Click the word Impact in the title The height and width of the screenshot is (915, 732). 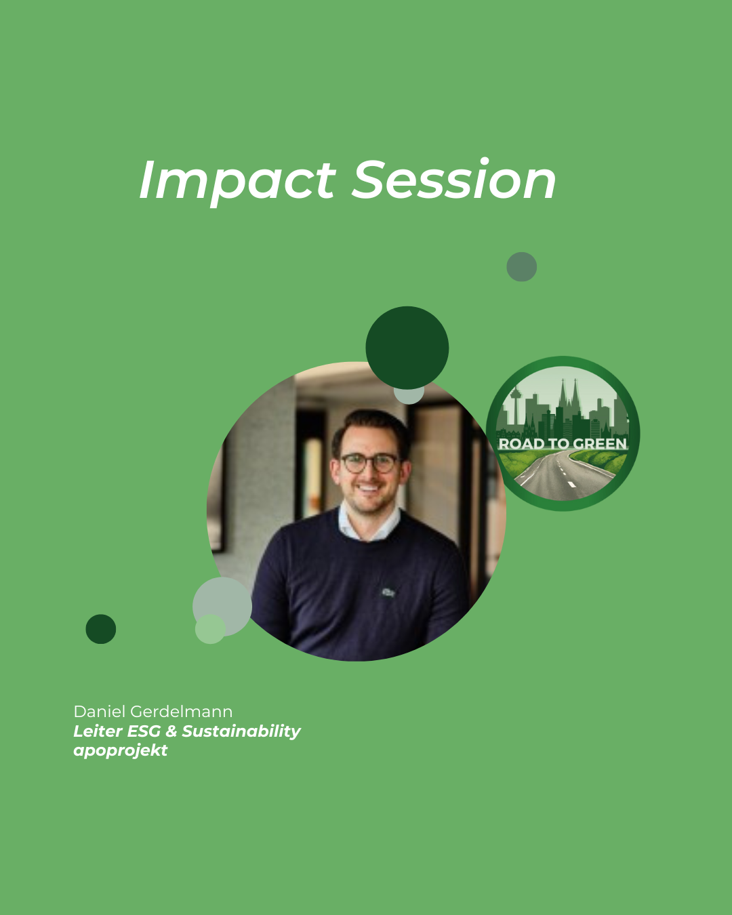coord(237,182)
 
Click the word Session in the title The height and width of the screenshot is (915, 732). coord(454,178)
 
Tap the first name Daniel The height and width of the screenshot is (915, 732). coord(100,712)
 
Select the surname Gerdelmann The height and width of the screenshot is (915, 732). coord(181,712)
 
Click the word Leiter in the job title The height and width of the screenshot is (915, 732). coord(98,731)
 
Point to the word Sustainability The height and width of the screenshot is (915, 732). coord(241,732)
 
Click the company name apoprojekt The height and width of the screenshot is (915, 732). coord(121,751)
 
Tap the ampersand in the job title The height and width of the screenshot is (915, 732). coord(171,731)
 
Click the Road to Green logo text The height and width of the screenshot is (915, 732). coord(563,444)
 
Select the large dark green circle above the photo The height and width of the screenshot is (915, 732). coord(407,348)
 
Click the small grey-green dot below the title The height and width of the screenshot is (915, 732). coord(521,266)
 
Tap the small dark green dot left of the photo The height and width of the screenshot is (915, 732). coord(101,629)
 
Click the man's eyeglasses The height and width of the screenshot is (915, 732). coord(369,463)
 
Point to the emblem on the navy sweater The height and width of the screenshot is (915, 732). coord(388,592)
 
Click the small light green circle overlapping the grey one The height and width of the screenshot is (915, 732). coord(210,629)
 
